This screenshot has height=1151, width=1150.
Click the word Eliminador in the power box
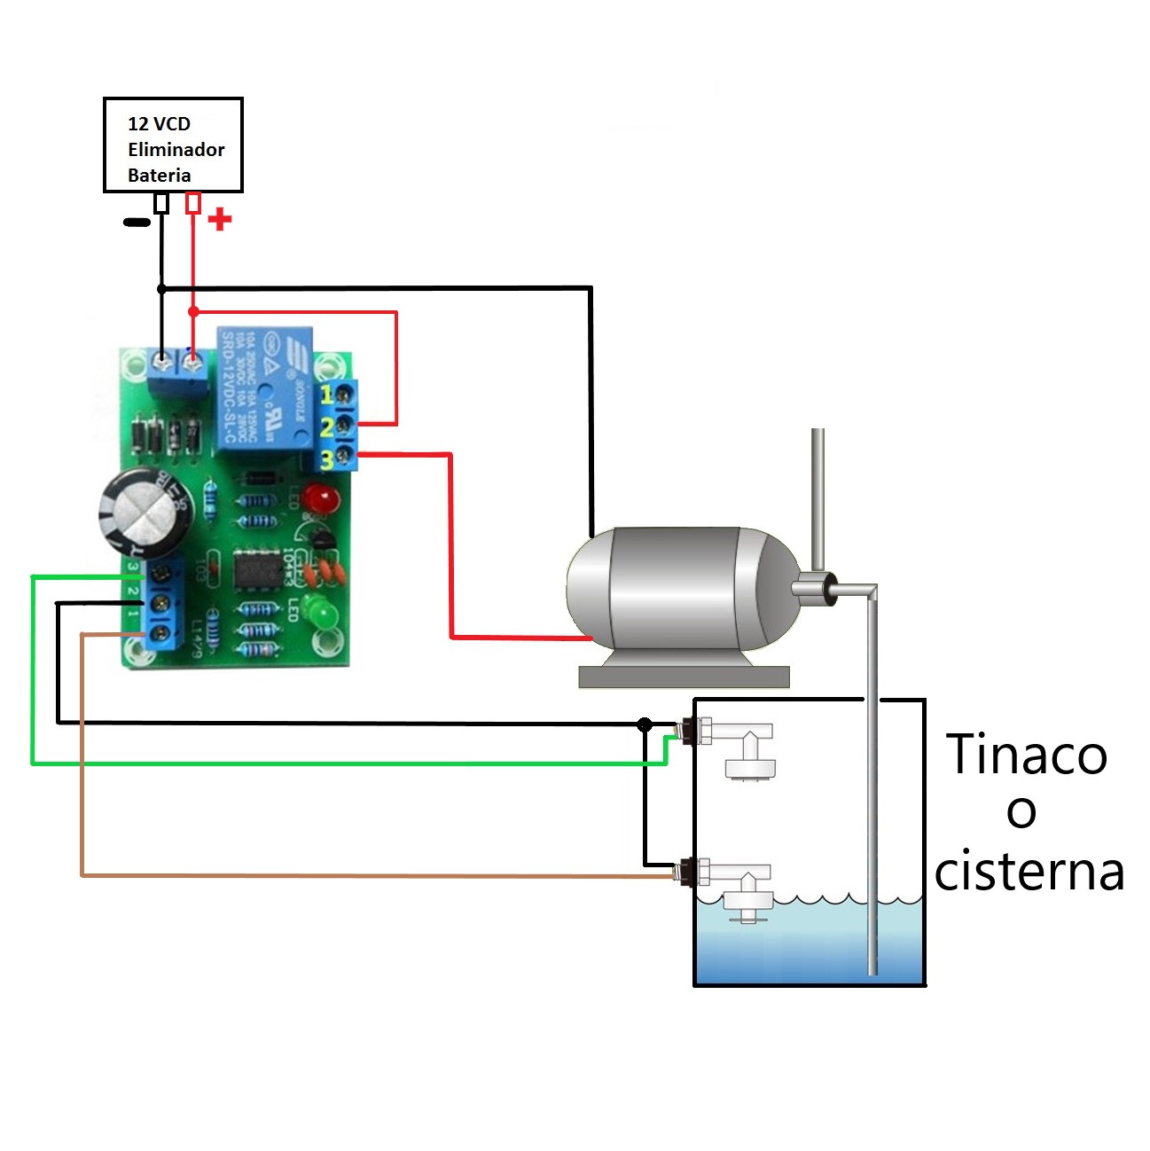176,149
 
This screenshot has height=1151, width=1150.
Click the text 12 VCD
159,123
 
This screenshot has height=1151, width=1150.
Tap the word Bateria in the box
159,175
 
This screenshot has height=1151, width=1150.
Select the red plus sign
219,219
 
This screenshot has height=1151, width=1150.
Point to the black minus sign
137,222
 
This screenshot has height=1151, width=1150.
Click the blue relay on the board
264,388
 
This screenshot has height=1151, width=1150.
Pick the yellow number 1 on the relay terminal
326,395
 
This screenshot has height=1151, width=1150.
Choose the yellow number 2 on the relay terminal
326,427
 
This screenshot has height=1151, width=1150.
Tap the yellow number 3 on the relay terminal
326,459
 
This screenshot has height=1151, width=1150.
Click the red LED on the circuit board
322,498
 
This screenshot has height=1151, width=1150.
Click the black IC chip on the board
258,569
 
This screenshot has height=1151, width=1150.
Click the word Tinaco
1027,755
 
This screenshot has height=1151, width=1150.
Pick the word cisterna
1029,871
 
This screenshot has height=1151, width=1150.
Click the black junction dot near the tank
645,724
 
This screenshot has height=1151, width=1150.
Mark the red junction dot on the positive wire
194,311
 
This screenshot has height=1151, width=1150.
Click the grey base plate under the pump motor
684,677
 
